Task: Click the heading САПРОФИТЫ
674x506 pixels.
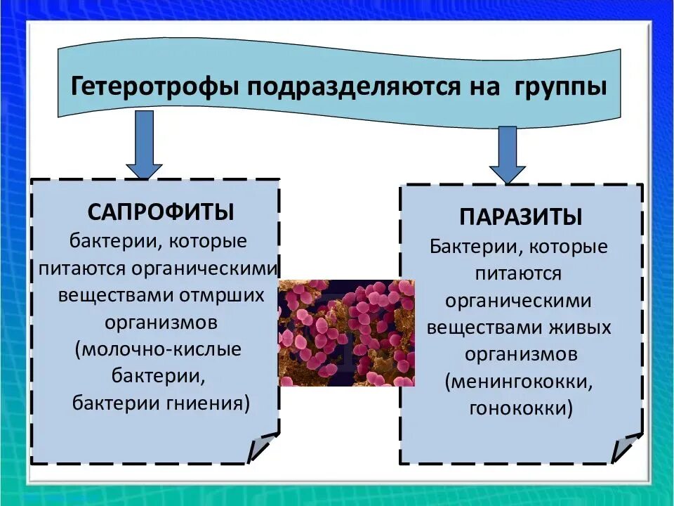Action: tap(161, 212)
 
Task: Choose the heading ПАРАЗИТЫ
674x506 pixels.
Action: tap(521, 216)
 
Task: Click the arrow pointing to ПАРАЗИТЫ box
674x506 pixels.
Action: tap(508, 155)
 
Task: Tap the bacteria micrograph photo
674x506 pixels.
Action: tap(347, 332)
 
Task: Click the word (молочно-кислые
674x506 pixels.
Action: tap(161, 349)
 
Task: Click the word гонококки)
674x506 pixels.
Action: tap(520, 408)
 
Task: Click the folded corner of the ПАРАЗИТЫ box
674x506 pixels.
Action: tap(627, 448)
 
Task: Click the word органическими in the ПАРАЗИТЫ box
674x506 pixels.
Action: tap(518, 301)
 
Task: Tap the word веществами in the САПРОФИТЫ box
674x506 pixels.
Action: tap(119, 295)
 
